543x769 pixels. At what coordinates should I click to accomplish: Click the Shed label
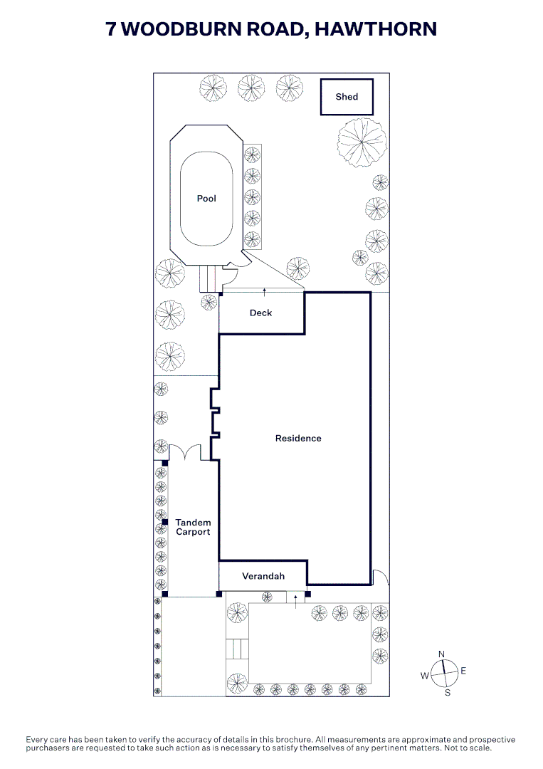(347, 97)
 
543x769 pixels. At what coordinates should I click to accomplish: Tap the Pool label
(206, 198)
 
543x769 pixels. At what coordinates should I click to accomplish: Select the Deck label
(260, 313)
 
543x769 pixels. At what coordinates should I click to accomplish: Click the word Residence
(298, 439)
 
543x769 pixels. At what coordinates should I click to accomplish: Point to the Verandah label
(263, 576)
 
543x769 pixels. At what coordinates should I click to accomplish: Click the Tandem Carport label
(193, 527)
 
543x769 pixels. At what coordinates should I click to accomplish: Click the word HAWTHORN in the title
(376, 29)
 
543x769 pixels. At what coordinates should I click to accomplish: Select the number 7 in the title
(111, 29)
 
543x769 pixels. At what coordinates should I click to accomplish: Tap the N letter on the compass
(441, 654)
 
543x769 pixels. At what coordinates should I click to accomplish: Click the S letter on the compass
(448, 693)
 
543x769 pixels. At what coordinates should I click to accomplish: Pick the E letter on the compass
(463, 671)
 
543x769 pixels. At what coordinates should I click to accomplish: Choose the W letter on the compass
(424, 676)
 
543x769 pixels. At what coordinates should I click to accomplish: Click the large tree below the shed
(362, 142)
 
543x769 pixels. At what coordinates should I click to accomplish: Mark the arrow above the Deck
(265, 293)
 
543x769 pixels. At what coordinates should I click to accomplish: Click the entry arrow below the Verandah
(295, 602)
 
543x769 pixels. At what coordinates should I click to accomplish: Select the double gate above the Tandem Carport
(185, 451)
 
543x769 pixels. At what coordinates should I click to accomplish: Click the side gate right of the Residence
(380, 577)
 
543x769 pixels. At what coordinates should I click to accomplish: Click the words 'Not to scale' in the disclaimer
(467, 748)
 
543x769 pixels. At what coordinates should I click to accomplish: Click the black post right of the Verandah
(307, 595)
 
